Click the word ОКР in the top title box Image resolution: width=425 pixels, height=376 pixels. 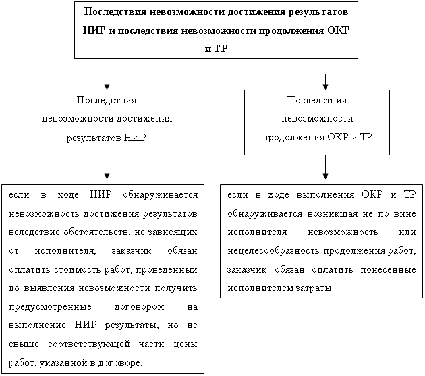coord(338,30)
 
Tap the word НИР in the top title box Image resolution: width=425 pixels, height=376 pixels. coord(94,30)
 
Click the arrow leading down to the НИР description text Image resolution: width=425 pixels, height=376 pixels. coord(107,167)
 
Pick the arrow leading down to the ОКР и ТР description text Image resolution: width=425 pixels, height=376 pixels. coord(325,167)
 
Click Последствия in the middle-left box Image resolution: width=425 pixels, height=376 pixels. coord(107,100)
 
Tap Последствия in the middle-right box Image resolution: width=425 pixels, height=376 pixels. coord(317,100)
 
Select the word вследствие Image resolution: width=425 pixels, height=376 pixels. coord(34,232)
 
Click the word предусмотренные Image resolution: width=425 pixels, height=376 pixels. coord(50,308)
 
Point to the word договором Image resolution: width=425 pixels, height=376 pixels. coord(139,308)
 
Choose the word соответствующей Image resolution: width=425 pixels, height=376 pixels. coord(89,344)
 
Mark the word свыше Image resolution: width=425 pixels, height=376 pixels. coord(24,344)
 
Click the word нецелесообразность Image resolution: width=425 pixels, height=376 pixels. coord(273,251)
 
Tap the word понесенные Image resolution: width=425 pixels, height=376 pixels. coord(388,270)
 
